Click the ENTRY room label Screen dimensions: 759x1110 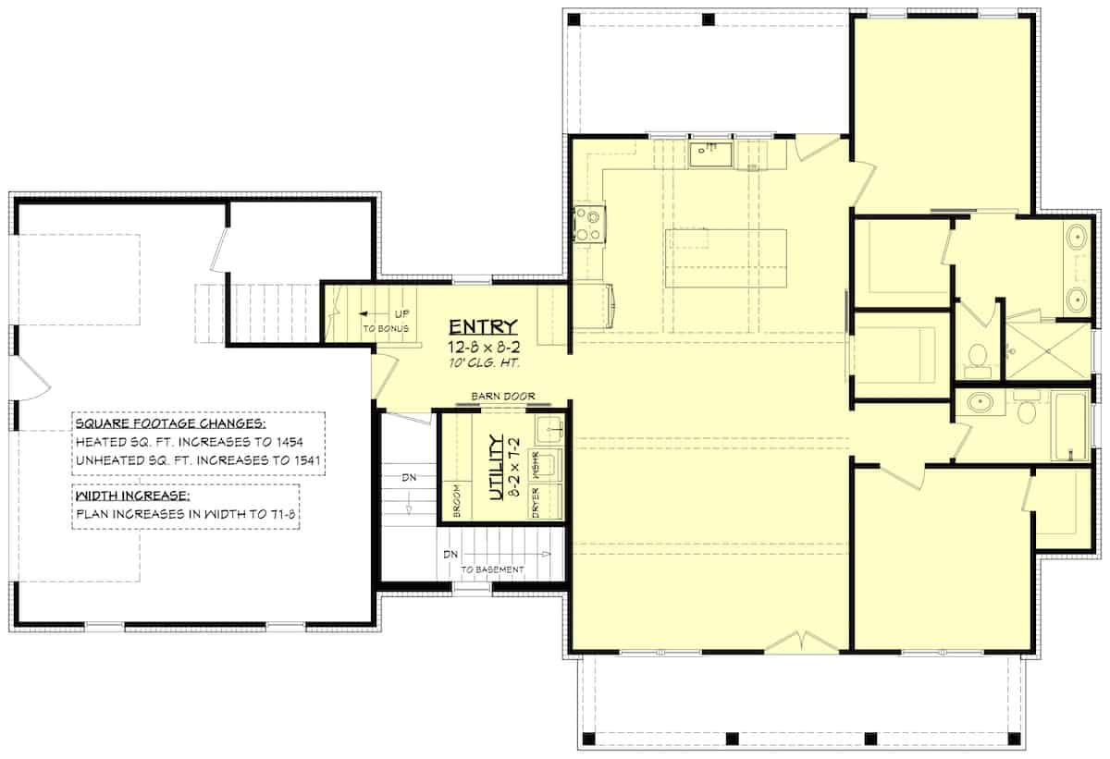pyautogui.click(x=483, y=326)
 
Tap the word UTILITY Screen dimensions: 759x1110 pyautogui.click(x=496, y=468)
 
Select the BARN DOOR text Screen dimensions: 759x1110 pyautogui.click(x=502, y=396)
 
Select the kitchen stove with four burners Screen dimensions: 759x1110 pyautogui.click(x=587, y=224)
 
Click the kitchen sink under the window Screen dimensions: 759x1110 pyautogui.click(x=710, y=153)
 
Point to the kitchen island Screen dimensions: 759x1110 pyautogui.click(x=725, y=258)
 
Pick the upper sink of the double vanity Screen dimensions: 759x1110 pyautogui.click(x=1076, y=239)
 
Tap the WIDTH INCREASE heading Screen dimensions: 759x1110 pyautogui.click(x=133, y=495)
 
